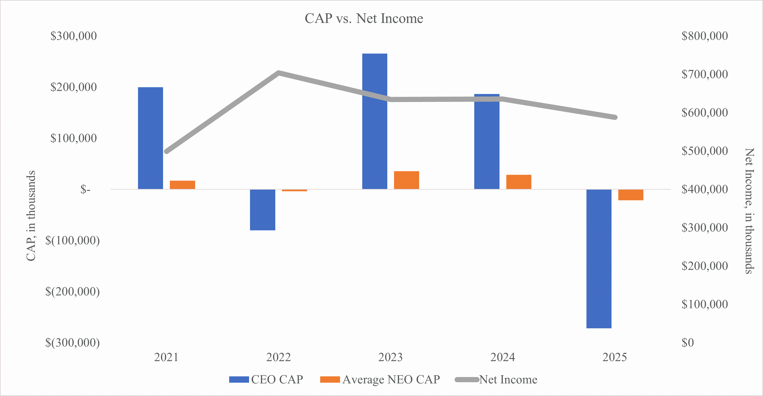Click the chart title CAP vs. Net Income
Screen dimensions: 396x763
364,18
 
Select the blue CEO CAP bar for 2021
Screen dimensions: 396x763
150,138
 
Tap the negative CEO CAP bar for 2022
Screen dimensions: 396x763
262,210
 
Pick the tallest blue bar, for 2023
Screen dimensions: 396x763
374,121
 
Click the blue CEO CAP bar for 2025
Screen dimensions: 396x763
599,259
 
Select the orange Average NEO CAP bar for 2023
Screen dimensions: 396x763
406,180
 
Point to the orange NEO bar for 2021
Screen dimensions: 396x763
182,185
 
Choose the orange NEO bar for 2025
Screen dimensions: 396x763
631,195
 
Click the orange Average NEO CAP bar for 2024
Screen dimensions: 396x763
519,182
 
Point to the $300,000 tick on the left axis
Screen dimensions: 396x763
73,36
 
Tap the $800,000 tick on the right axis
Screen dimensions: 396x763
704,36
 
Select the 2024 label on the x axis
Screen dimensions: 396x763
503,357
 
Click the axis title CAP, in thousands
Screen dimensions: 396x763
31,216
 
